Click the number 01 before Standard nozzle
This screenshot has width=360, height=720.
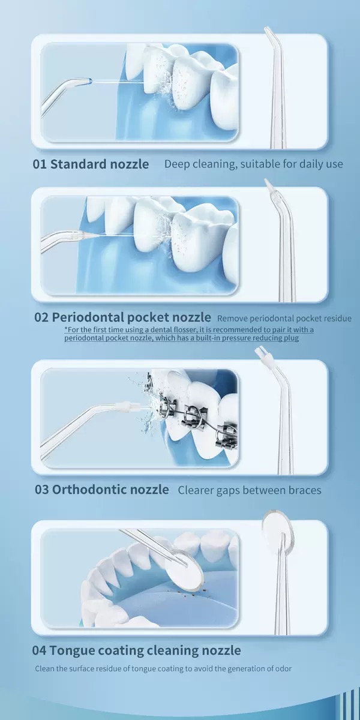[40, 164]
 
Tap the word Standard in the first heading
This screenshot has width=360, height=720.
[79, 164]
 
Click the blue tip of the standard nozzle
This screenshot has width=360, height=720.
[90, 82]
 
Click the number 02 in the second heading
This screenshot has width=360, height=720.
[41, 317]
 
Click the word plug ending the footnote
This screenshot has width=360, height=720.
[292, 338]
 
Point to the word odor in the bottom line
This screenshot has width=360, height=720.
[283, 669]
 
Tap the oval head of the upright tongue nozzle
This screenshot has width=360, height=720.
[278, 533]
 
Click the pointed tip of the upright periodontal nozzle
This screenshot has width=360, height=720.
[266, 181]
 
